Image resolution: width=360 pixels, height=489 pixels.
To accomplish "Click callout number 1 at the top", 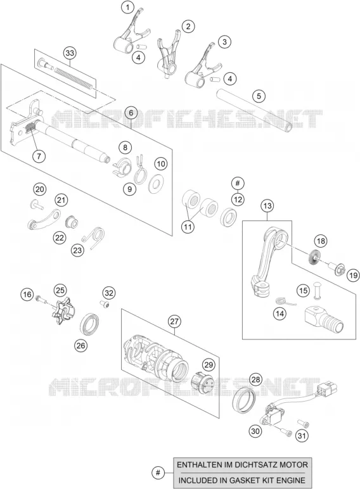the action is point(127,8).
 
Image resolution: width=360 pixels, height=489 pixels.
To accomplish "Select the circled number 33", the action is point(70,53).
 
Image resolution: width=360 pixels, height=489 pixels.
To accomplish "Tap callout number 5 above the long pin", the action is point(259,96).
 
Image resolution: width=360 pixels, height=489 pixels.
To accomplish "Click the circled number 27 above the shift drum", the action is point(174,321).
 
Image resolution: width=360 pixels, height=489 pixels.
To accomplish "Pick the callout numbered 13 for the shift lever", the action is point(267,206).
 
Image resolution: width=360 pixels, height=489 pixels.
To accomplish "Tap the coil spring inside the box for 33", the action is point(74,77).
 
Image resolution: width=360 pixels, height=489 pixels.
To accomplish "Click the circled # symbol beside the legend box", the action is point(158,473).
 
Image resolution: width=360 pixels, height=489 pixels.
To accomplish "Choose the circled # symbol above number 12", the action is point(238,183).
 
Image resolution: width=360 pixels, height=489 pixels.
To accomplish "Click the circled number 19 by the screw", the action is point(353,276).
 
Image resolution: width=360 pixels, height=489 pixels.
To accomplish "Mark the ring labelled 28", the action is point(244,400).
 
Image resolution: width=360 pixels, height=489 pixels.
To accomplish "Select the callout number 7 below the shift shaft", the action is point(39,156).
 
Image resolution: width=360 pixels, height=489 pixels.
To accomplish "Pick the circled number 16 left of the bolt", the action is point(27,294).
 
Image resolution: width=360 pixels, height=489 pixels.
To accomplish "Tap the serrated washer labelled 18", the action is point(314,257).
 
